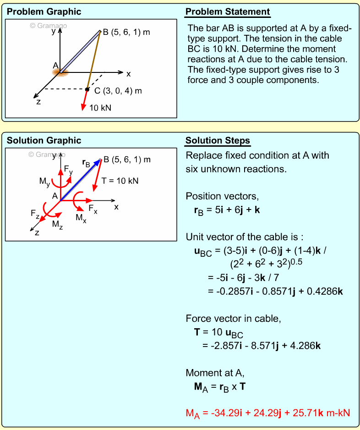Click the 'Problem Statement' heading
228,12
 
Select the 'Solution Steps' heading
218,141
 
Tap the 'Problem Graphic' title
44,12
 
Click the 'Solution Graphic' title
44,141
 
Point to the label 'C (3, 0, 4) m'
118,91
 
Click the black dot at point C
87,89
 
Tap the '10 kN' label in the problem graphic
100,108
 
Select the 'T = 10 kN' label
120,181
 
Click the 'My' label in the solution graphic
44,182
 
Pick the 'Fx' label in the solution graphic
93,210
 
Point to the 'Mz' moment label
57,224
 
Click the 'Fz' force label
35,213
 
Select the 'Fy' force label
68,171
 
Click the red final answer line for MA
267,413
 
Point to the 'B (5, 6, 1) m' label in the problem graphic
126,33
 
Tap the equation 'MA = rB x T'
220,387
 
